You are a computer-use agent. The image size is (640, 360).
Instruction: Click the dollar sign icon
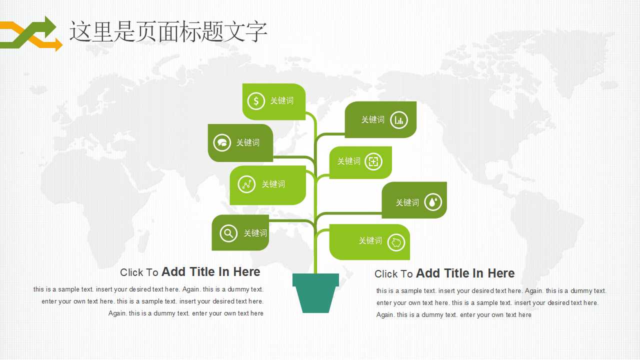[256, 101]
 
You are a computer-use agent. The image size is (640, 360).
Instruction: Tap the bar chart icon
[399, 120]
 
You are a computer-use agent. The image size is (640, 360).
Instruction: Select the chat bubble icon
[222, 142]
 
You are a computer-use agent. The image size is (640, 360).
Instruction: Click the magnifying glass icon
[228, 233]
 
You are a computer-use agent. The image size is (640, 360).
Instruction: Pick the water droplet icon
[433, 202]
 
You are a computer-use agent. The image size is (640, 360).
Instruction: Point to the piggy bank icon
[396, 242]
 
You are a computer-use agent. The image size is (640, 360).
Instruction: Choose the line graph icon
[246, 184]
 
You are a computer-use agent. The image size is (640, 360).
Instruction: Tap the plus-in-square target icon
[373, 161]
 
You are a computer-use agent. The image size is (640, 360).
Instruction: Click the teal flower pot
[315, 293]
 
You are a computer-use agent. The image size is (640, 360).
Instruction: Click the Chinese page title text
[168, 31]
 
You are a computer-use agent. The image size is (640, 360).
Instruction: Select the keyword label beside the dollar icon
[281, 100]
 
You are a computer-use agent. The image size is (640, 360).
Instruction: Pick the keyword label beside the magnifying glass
[255, 233]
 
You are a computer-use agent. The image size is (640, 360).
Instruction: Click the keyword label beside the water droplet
[407, 202]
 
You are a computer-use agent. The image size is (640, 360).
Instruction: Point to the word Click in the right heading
[385, 273]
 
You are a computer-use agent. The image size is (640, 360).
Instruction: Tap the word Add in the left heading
[173, 271]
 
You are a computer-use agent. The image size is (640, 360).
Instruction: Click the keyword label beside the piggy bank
[370, 240]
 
